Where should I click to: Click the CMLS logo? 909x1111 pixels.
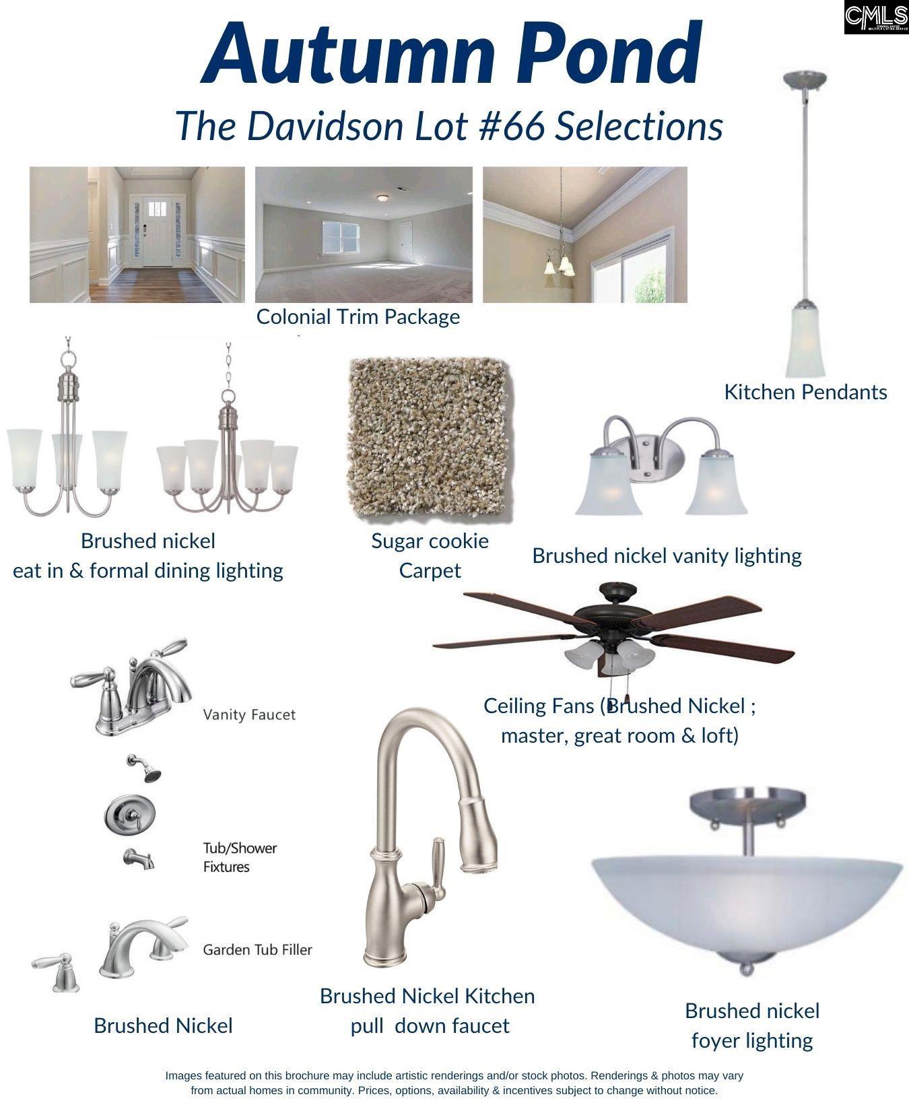pos(876,18)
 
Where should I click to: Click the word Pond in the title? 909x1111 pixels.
pos(603,53)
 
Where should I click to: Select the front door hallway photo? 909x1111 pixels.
pos(137,235)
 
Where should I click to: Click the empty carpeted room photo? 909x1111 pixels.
pos(364,235)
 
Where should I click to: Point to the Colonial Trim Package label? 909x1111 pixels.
pos(358,316)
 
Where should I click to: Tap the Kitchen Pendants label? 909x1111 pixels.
pos(805,392)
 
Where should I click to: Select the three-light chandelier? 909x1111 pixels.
pos(67,431)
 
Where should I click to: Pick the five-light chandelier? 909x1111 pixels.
pos(228,431)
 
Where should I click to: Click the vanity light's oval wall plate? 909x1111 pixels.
pos(648,459)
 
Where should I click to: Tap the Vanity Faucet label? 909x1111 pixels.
pos(249,714)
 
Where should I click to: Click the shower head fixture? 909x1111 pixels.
pos(145,768)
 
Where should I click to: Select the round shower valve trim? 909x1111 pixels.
pos(131,816)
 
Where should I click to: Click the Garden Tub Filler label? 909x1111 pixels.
pos(258,949)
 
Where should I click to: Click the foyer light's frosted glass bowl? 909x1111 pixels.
pos(747,902)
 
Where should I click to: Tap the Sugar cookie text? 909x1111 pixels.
pos(430,541)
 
